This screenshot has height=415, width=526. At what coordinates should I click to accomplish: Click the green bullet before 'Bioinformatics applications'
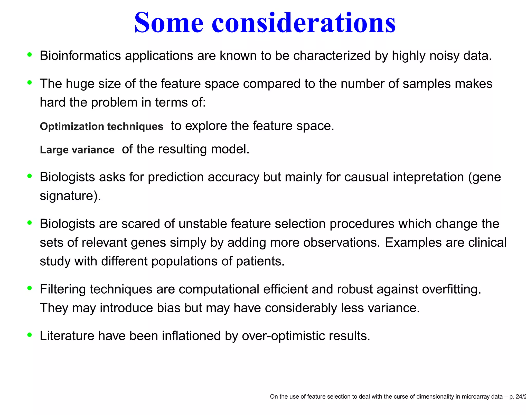click(30, 54)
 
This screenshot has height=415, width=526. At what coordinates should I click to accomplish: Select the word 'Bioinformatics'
click(80, 56)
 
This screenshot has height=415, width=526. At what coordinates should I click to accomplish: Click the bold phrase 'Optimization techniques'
click(101, 127)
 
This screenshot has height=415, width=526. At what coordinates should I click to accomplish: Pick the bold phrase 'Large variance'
click(77, 150)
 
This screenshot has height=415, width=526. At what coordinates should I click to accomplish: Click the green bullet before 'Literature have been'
click(30, 335)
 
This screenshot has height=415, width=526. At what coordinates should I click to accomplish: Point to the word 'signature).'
click(70, 196)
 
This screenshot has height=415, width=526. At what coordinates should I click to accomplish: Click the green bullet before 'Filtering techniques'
click(30, 288)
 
